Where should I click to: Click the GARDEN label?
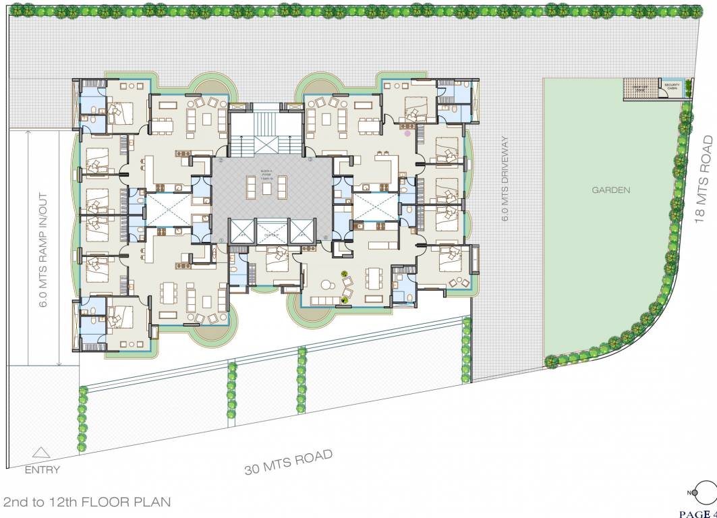(611, 190)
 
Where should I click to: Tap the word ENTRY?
(42, 470)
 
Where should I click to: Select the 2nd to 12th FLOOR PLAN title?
(87, 502)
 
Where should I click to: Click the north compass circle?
(705, 492)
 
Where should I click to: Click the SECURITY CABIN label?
(671, 87)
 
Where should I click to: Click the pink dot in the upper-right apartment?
(407, 134)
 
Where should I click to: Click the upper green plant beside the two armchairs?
(345, 275)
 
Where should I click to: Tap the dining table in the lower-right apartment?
(372, 280)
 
